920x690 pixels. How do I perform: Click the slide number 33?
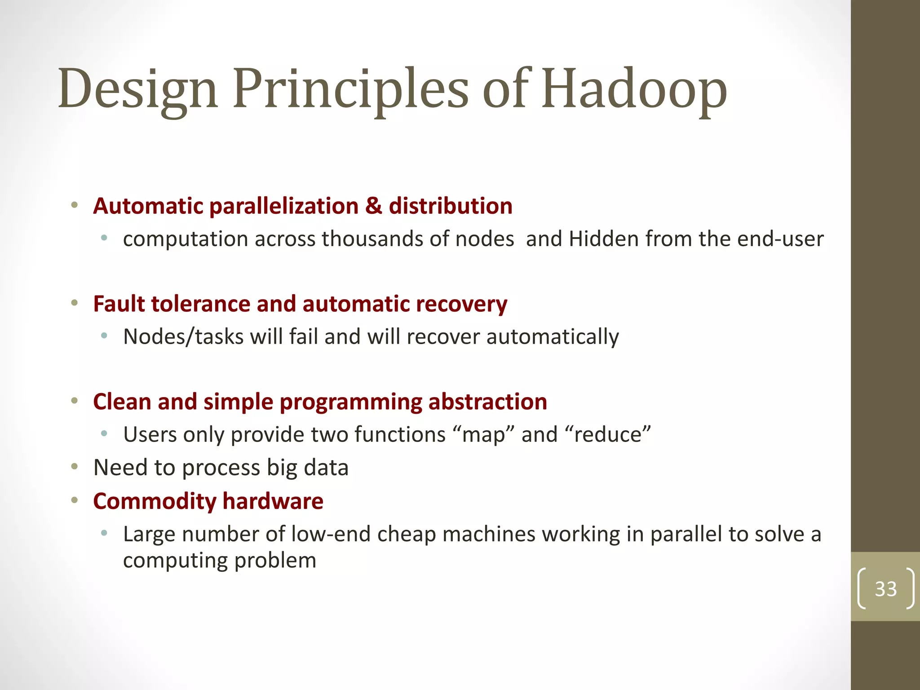(885, 588)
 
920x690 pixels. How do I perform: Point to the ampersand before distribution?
(373, 206)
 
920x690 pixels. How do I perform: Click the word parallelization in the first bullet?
(284, 206)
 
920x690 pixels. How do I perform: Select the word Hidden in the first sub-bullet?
(603, 239)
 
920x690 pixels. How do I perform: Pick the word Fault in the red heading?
(119, 304)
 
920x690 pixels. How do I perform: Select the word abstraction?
(487, 402)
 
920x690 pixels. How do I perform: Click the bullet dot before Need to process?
(75, 467)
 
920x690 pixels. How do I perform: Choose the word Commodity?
(155, 501)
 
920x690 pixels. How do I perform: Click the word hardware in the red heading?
(273, 501)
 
